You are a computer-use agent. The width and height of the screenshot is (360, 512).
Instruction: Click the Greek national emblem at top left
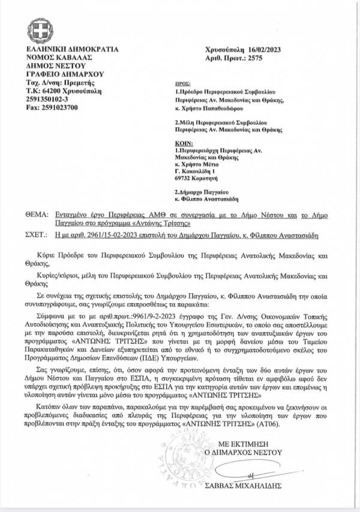[x=37, y=30]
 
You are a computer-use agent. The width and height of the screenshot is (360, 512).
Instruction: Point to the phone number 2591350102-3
[x=49, y=98]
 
